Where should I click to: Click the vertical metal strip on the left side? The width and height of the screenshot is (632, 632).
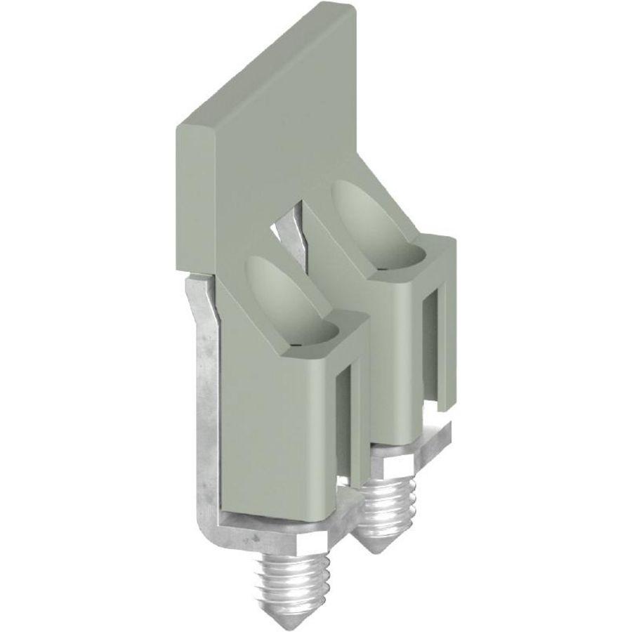point(206,393)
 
